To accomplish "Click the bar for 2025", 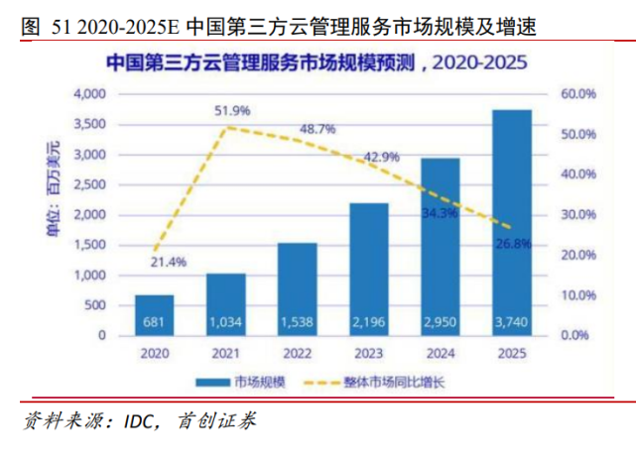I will pos(512,222).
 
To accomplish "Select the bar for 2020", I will pos(155,314).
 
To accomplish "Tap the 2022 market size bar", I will pos(298,289).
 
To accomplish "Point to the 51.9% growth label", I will pos(232,110).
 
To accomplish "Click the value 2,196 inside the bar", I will pos(369,323).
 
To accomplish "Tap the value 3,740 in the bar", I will pos(512,323).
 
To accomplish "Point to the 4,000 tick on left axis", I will pos(89,94).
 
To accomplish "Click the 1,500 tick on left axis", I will pos(89,245).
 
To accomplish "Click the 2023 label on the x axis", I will pos(369,352).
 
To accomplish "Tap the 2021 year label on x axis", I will pos(225,352).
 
